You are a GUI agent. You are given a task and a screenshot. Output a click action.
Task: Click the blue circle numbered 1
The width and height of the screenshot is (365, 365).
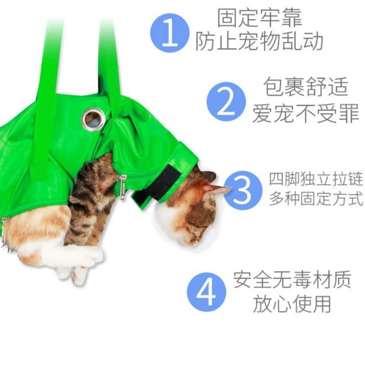pos(170,32)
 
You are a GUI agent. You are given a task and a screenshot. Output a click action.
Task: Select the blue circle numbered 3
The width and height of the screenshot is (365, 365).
pos(243,190)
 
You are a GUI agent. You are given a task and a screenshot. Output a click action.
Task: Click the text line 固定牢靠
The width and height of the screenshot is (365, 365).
pos(260,19)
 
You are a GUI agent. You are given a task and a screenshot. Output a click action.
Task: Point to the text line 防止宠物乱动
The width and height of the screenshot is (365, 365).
pos(260,42)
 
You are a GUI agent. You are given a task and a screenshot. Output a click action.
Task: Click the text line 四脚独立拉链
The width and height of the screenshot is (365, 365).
pos(316,179)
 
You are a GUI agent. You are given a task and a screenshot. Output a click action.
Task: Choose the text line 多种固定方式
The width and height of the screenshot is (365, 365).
pos(316,199)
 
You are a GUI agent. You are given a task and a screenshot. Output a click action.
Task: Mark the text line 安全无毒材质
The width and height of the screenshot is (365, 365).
pos(292,279)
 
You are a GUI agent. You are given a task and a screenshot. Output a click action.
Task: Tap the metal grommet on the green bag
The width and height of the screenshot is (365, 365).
pos(93,120)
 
